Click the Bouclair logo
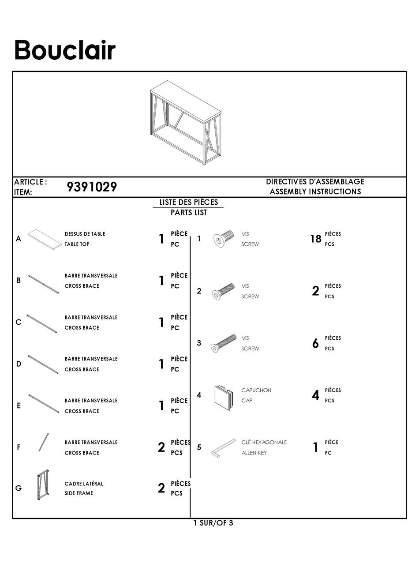(x=65, y=50)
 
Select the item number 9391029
(x=92, y=187)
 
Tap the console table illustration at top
(x=185, y=122)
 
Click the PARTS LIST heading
(x=188, y=213)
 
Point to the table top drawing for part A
(x=44, y=239)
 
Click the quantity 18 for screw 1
(x=315, y=239)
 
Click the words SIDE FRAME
(x=79, y=493)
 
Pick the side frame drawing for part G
(x=43, y=485)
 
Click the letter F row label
(x=19, y=447)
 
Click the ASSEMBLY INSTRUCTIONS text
(x=315, y=192)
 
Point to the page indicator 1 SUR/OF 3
(x=213, y=523)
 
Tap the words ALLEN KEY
(x=254, y=453)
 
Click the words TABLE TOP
(x=77, y=244)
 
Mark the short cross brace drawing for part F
(x=44, y=442)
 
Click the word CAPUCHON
(x=256, y=391)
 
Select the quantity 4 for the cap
(x=315, y=396)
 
